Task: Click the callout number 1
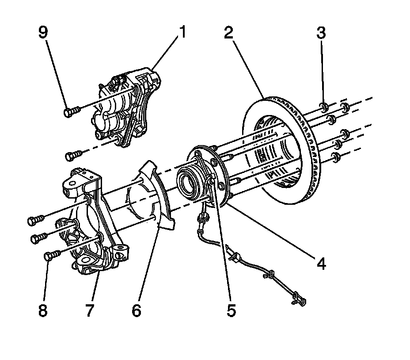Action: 182,33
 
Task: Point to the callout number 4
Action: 321,264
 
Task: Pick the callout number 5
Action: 232,310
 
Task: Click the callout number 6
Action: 136,310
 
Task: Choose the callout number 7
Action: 90,310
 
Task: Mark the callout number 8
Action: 43,310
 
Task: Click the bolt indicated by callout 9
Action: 70,112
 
